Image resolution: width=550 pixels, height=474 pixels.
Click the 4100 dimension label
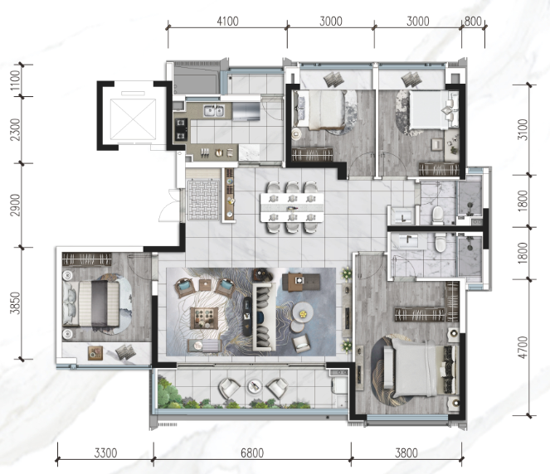coord(227,22)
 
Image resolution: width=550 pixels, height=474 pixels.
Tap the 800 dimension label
coord(473,22)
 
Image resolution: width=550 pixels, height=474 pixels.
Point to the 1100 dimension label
coord(15,80)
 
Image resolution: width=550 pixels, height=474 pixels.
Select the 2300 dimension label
coord(15,129)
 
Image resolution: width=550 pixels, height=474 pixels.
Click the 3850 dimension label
coord(15,303)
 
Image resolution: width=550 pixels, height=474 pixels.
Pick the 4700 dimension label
coord(523,347)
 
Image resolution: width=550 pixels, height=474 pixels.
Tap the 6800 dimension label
coord(252,453)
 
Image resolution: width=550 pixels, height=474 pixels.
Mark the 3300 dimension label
coord(105,453)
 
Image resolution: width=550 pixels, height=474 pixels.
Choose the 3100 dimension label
coord(523,129)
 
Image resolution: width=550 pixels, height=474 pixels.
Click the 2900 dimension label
coord(15,205)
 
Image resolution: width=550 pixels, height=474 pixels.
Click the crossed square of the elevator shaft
coord(133,119)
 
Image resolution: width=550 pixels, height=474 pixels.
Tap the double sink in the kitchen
coord(214,111)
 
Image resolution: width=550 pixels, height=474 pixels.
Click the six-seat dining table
coord(292,207)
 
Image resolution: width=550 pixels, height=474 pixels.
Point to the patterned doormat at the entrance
coord(203,200)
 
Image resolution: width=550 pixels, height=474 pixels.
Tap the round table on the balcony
coord(254,386)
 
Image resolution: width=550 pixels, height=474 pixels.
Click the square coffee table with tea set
coord(205,318)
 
